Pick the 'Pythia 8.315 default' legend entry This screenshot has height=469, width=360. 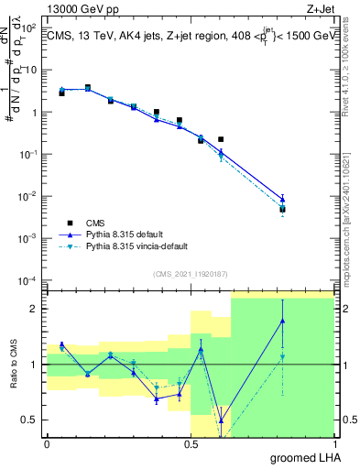click(x=132, y=234)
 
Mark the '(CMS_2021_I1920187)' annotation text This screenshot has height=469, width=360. click(x=190, y=273)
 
